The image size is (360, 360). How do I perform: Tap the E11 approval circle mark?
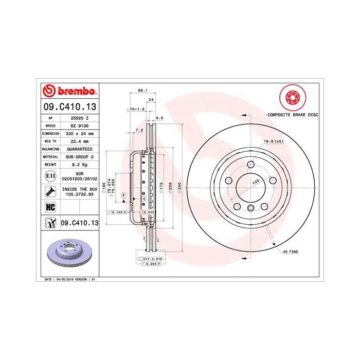tap(50, 176)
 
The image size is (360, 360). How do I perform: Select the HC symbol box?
tap(50, 207)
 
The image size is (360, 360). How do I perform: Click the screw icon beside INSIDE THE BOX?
tap(50, 192)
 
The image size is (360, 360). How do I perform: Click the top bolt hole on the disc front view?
tap(250, 164)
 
